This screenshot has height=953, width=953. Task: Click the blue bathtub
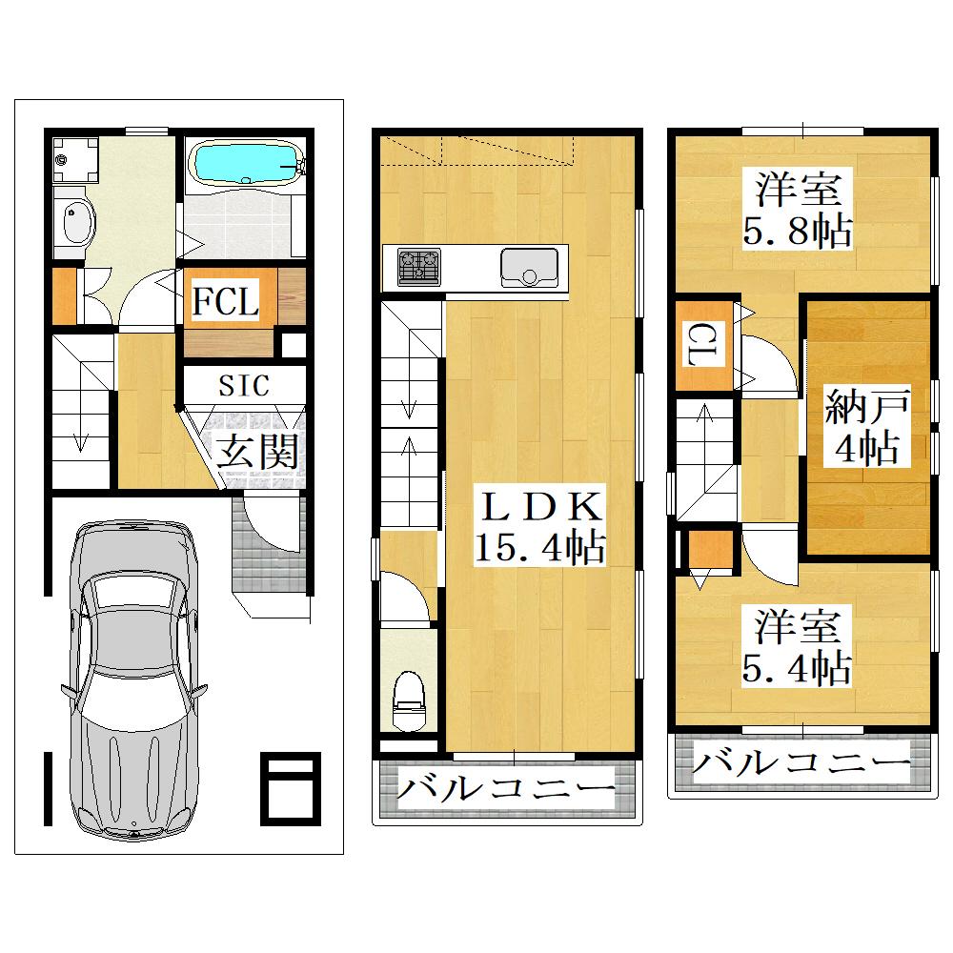[248, 162]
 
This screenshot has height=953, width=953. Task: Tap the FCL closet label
[226, 301]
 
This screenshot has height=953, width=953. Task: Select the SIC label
[244, 385]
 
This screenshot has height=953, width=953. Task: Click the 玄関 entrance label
[257, 452]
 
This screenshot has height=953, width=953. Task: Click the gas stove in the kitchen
[418, 267]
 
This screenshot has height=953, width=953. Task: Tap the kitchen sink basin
[529, 268]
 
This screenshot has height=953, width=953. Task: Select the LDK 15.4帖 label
[539, 526]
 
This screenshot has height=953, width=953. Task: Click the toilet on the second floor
[409, 700]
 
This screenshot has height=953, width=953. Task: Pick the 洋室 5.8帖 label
[798, 210]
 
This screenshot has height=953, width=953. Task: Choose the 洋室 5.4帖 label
[797, 647]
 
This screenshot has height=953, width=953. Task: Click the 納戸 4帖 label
[867, 426]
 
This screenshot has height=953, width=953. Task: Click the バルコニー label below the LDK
[506, 789]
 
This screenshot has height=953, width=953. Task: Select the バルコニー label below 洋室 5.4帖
[801, 762]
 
